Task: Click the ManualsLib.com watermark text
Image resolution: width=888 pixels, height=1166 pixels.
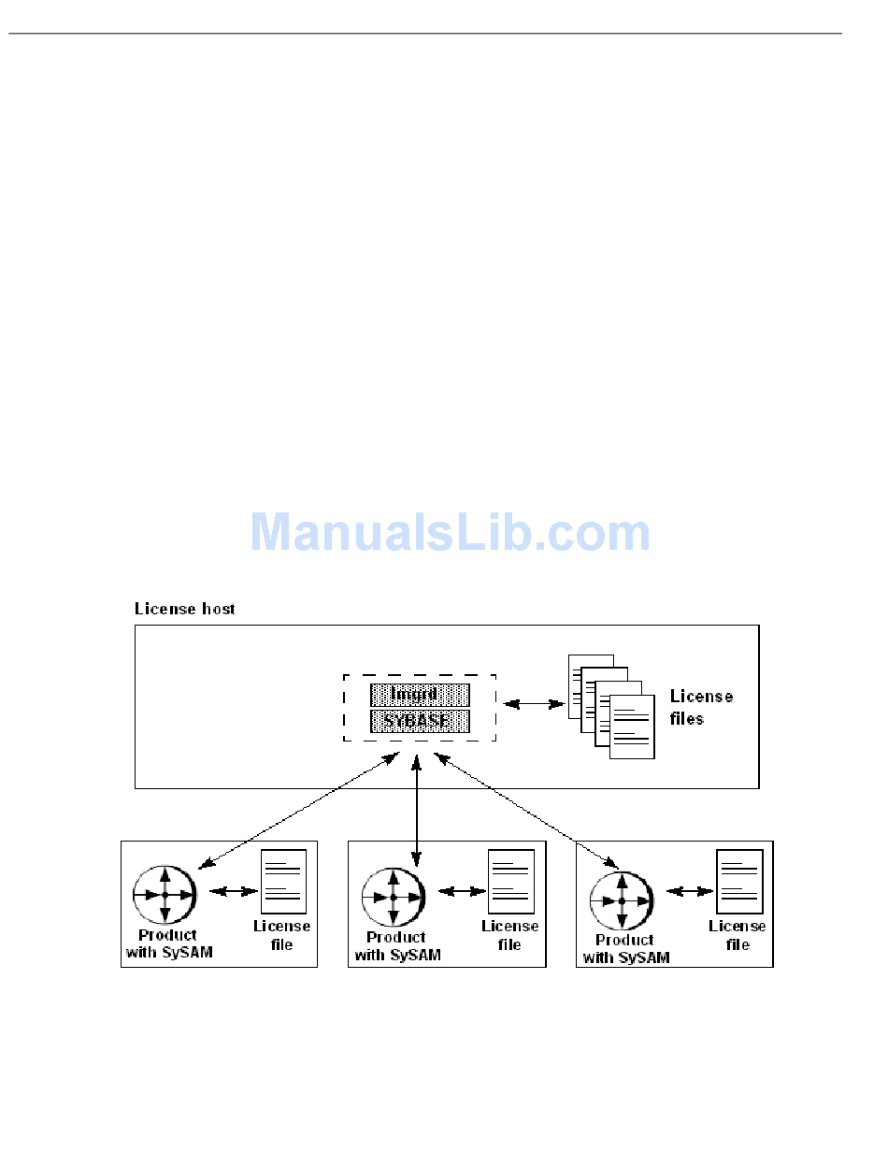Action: pos(450,533)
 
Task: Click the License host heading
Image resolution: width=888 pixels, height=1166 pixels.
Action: pos(185,609)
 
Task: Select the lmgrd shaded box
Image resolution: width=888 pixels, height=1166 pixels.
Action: pos(420,695)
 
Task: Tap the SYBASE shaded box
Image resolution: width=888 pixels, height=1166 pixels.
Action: pos(420,721)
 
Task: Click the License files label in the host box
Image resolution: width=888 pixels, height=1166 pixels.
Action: pos(701,708)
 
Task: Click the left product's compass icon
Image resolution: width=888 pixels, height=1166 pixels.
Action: pos(165,895)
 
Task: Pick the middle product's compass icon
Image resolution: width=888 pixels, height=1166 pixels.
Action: pos(394,898)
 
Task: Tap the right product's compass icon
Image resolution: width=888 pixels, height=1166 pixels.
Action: pos(622,901)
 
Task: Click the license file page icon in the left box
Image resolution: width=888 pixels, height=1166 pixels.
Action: pos(284,881)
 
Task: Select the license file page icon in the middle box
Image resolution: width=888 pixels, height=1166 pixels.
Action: pos(511,881)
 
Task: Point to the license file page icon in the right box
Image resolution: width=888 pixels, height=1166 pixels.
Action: pos(739,881)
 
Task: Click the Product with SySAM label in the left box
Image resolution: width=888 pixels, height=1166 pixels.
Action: pos(167,943)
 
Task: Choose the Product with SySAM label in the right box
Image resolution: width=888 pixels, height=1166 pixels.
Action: pos(625,948)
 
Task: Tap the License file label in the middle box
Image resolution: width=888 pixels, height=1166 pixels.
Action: pos(510,935)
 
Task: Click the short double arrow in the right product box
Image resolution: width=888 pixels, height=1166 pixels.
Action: pos(691,892)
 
